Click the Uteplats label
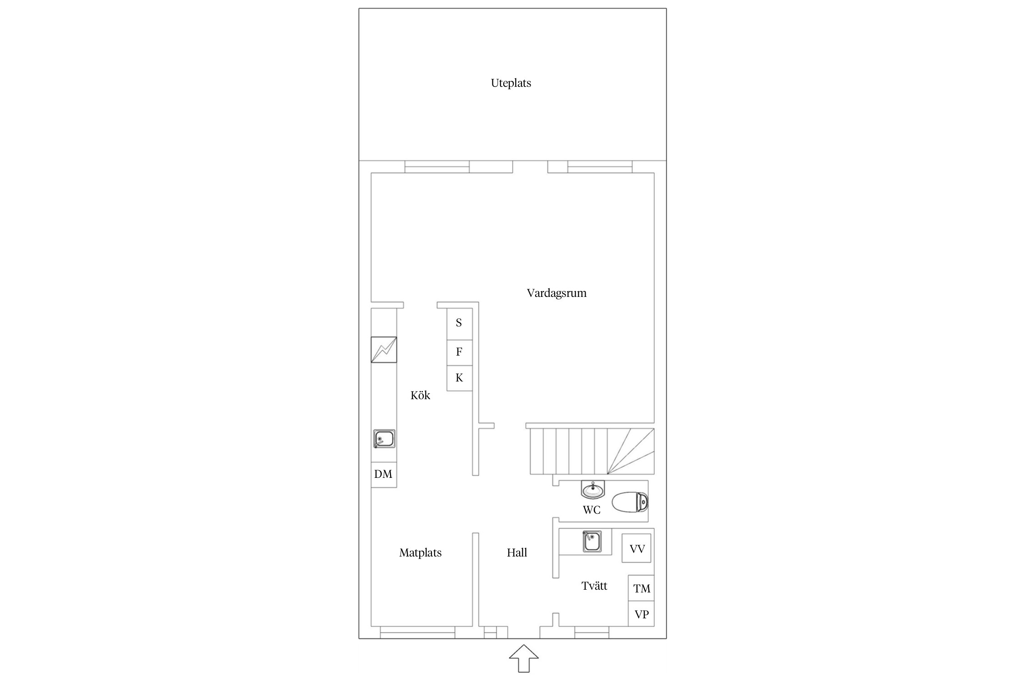coord(511,83)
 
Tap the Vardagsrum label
coord(557,293)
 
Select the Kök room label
coord(420,395)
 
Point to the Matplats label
coord(420,553)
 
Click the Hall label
coord(517,552)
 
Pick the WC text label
coord(592,510)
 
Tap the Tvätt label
coord(594,586)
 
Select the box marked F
coord(459,353)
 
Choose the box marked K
coord(459,378)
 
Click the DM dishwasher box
coord(384,475)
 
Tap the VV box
coord(637,549)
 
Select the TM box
coord(641,588)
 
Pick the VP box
coord(641,614)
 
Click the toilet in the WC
coord(630,502)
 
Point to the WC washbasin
coord(593,489)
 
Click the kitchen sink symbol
coord(384,439)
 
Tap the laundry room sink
coord(592,542)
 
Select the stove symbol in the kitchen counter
coord(384,350)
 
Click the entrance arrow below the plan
coord(524,658)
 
